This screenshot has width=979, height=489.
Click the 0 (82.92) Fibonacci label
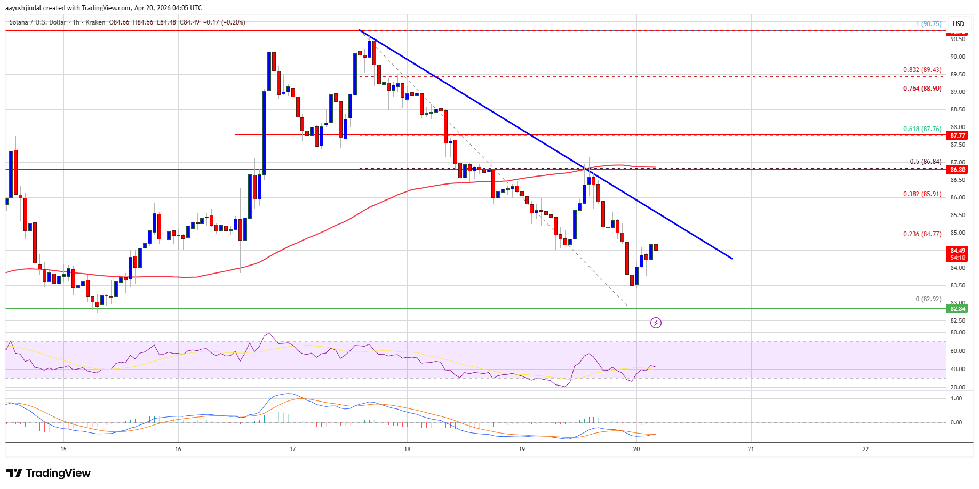[928, 299]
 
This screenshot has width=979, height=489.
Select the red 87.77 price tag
[958, 135]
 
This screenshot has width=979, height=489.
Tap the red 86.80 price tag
[958, 170]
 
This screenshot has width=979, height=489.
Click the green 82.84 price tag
[958, 309]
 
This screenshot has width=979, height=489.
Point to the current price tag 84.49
[958, 251]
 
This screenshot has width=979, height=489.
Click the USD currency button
[958, 24]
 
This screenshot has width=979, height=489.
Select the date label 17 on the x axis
[292, 449]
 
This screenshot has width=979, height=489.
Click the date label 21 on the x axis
[751, 449]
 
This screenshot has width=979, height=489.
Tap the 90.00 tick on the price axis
[957, 57]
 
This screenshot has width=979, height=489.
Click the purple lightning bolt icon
[656, 323]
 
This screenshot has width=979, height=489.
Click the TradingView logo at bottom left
[49, 473]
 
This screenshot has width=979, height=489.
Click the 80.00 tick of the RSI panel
[957, 332]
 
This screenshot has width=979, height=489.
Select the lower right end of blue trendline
[731, 259]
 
